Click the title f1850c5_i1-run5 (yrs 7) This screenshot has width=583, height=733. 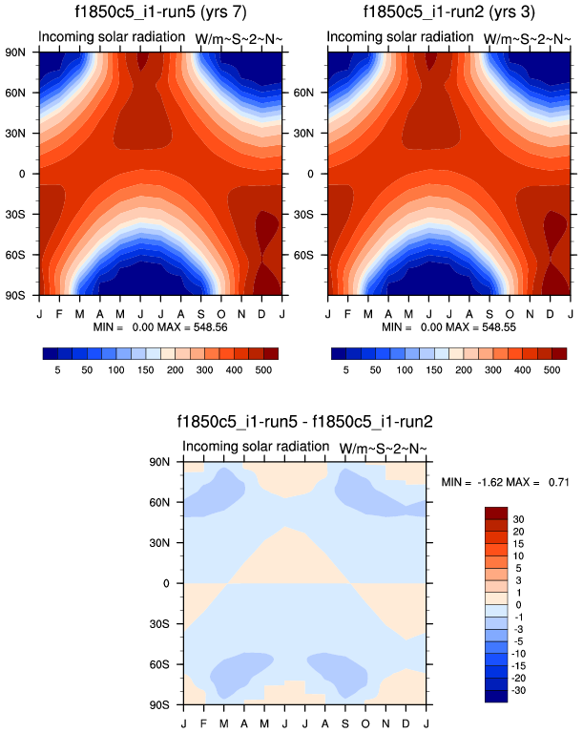click(x=159, y=12)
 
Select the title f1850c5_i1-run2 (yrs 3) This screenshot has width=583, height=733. click(x=448, y=12)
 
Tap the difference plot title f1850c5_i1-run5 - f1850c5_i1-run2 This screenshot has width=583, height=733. click(x=304, y=421)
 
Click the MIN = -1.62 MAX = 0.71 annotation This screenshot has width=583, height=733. click(x=505, y=483)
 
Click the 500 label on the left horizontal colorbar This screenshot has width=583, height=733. click(x=261, y=369)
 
